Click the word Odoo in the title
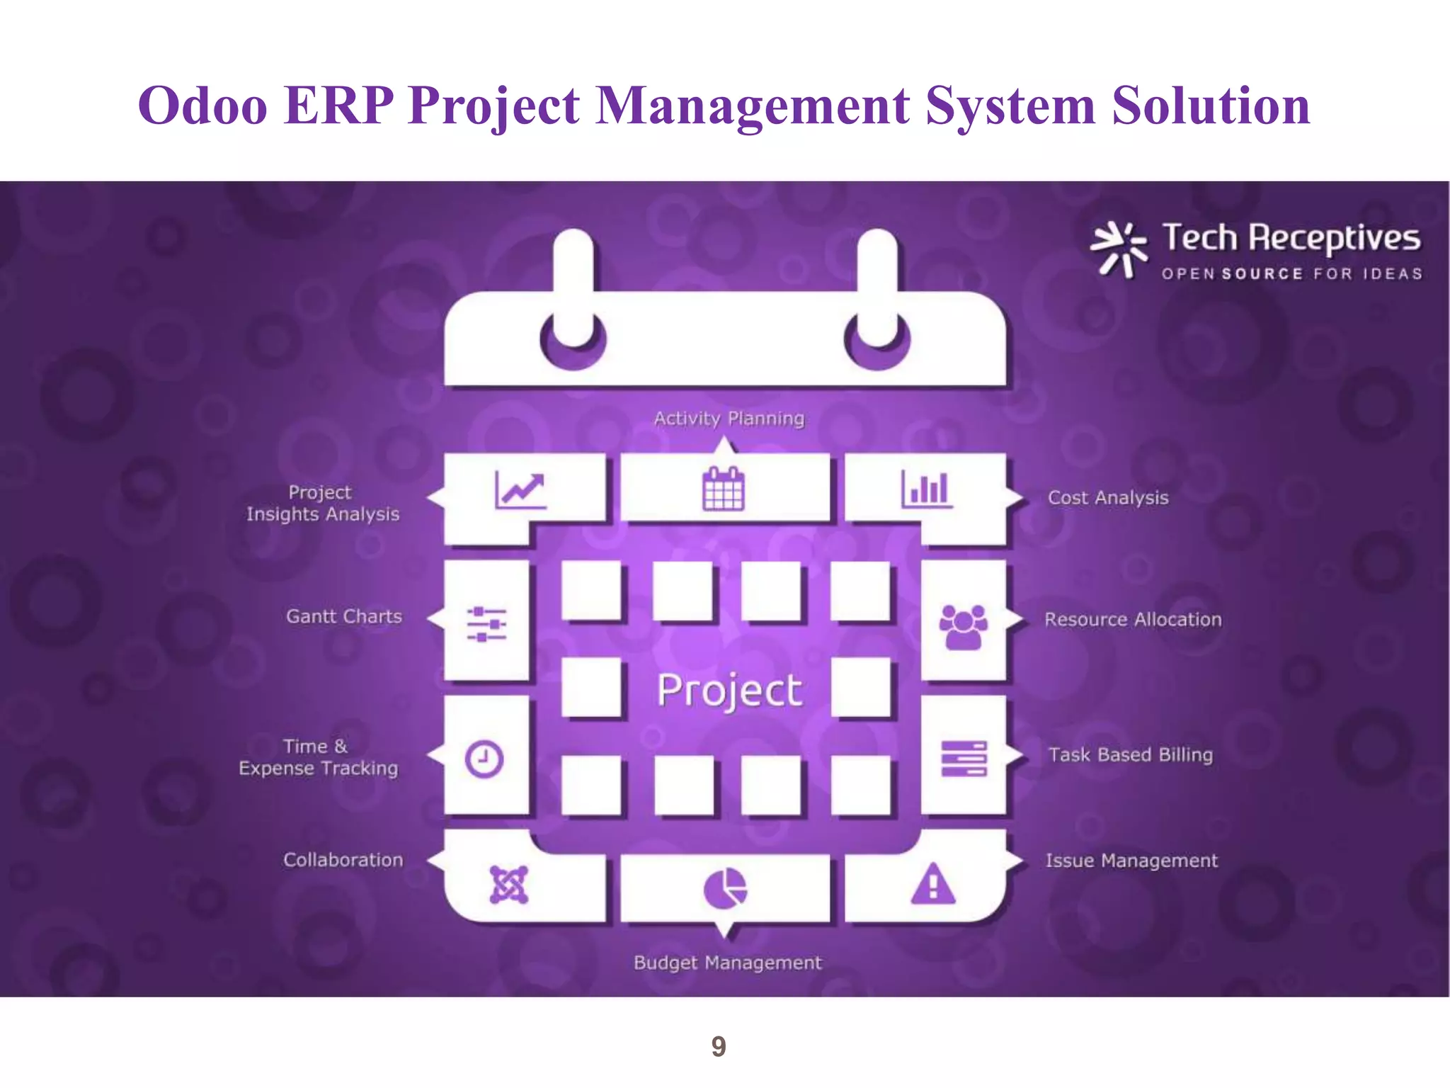coord(202,106)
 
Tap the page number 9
coord(718,1046)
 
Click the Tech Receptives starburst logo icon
coord(1118,249)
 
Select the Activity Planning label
coord(729,419)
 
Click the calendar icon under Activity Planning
coord(723,489)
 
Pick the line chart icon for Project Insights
coord(520,490)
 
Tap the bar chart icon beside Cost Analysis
coord(927,489)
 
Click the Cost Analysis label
coord(1107,497)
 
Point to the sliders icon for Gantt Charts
coord(486,623)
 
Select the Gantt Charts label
coord(343,616)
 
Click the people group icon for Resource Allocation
coord(963,626)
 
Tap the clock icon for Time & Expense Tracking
coord(484,759)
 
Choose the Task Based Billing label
coord(1130,754)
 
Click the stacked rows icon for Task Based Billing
coord(964,758)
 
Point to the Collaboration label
coord(343,860)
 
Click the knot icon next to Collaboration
coord(508,885)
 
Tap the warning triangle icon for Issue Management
coord(933,885)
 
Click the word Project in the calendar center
coord(729,690)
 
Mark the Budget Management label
coord(727,963)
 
